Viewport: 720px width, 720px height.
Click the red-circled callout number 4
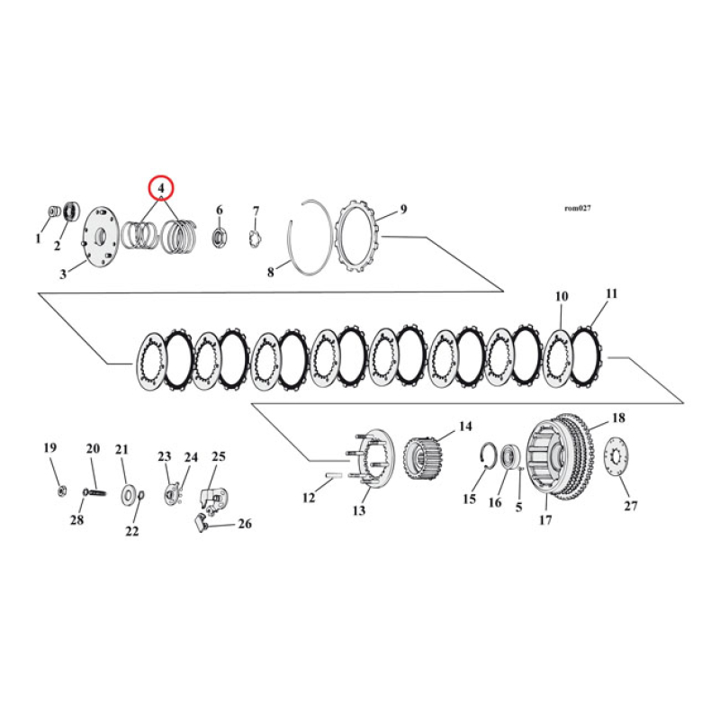click(160, 188)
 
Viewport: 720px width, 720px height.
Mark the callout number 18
click(618, 418)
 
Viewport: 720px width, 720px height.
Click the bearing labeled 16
click(509, 457)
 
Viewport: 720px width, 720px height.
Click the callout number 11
click(612, 293)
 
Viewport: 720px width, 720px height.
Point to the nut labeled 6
click(219, 238)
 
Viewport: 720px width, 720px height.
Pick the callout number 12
click(309, 497)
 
